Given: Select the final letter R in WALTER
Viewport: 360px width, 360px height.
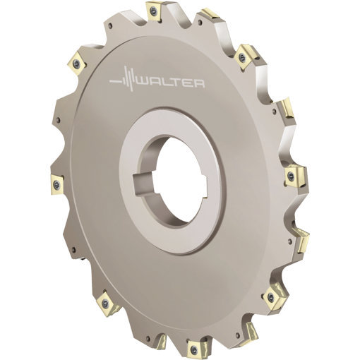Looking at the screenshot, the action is [x=199, y=83].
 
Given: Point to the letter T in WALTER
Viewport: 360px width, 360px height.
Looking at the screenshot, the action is [x=176, y=83].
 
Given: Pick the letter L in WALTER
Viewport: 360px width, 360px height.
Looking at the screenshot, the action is [x=166, y=83].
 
